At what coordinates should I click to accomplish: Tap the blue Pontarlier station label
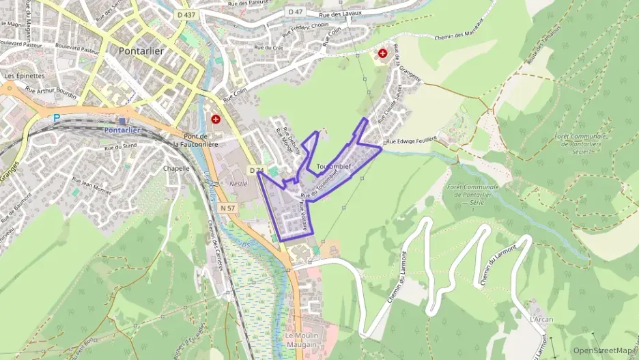[122, 130]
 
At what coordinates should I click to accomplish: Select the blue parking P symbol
[57, 117]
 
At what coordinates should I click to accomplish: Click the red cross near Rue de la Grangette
[383, 53]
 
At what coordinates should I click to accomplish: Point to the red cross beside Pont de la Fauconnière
[216, 119]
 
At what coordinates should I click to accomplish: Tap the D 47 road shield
[295, 12]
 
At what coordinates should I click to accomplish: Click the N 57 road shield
[228, 208]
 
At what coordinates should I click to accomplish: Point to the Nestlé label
[238, 184]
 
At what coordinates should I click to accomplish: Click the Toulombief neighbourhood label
[334, 167]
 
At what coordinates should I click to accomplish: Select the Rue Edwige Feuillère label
[411, 140]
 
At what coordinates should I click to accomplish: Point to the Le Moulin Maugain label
[301, 340]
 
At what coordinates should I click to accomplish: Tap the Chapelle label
[176, 168]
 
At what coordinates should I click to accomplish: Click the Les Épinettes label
[25, 76]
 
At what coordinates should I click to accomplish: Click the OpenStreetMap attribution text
[603, 350]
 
